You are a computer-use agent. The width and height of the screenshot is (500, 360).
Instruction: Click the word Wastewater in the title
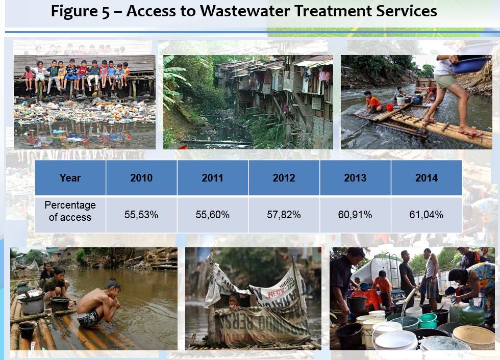[245, 11]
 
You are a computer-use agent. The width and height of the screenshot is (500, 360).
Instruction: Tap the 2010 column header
[141, 178]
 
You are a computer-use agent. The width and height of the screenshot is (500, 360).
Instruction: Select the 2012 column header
[284, 178]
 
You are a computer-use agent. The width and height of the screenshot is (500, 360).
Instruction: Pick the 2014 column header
[427, 178]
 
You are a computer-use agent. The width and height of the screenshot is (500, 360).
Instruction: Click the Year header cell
[70, 178]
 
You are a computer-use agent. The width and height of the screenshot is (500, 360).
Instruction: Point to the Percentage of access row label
[70, 211]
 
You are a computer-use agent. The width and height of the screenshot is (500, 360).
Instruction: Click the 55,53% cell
[141, 215]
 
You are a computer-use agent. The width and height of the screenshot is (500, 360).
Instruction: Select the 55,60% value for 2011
[213, 215]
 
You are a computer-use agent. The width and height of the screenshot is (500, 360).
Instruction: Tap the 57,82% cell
[284, 215]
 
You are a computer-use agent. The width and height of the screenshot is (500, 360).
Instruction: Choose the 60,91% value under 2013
[355, 215]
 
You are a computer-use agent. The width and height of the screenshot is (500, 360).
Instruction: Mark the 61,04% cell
[427, 215]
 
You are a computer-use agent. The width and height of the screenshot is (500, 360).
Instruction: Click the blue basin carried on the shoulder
[470, 65]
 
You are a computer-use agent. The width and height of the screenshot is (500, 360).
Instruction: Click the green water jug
[473, 313]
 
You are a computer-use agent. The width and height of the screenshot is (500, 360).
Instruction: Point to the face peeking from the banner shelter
[234, 300]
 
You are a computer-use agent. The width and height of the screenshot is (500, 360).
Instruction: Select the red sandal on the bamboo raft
[470, 133]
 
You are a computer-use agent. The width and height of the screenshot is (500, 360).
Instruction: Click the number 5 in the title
[106, 11]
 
